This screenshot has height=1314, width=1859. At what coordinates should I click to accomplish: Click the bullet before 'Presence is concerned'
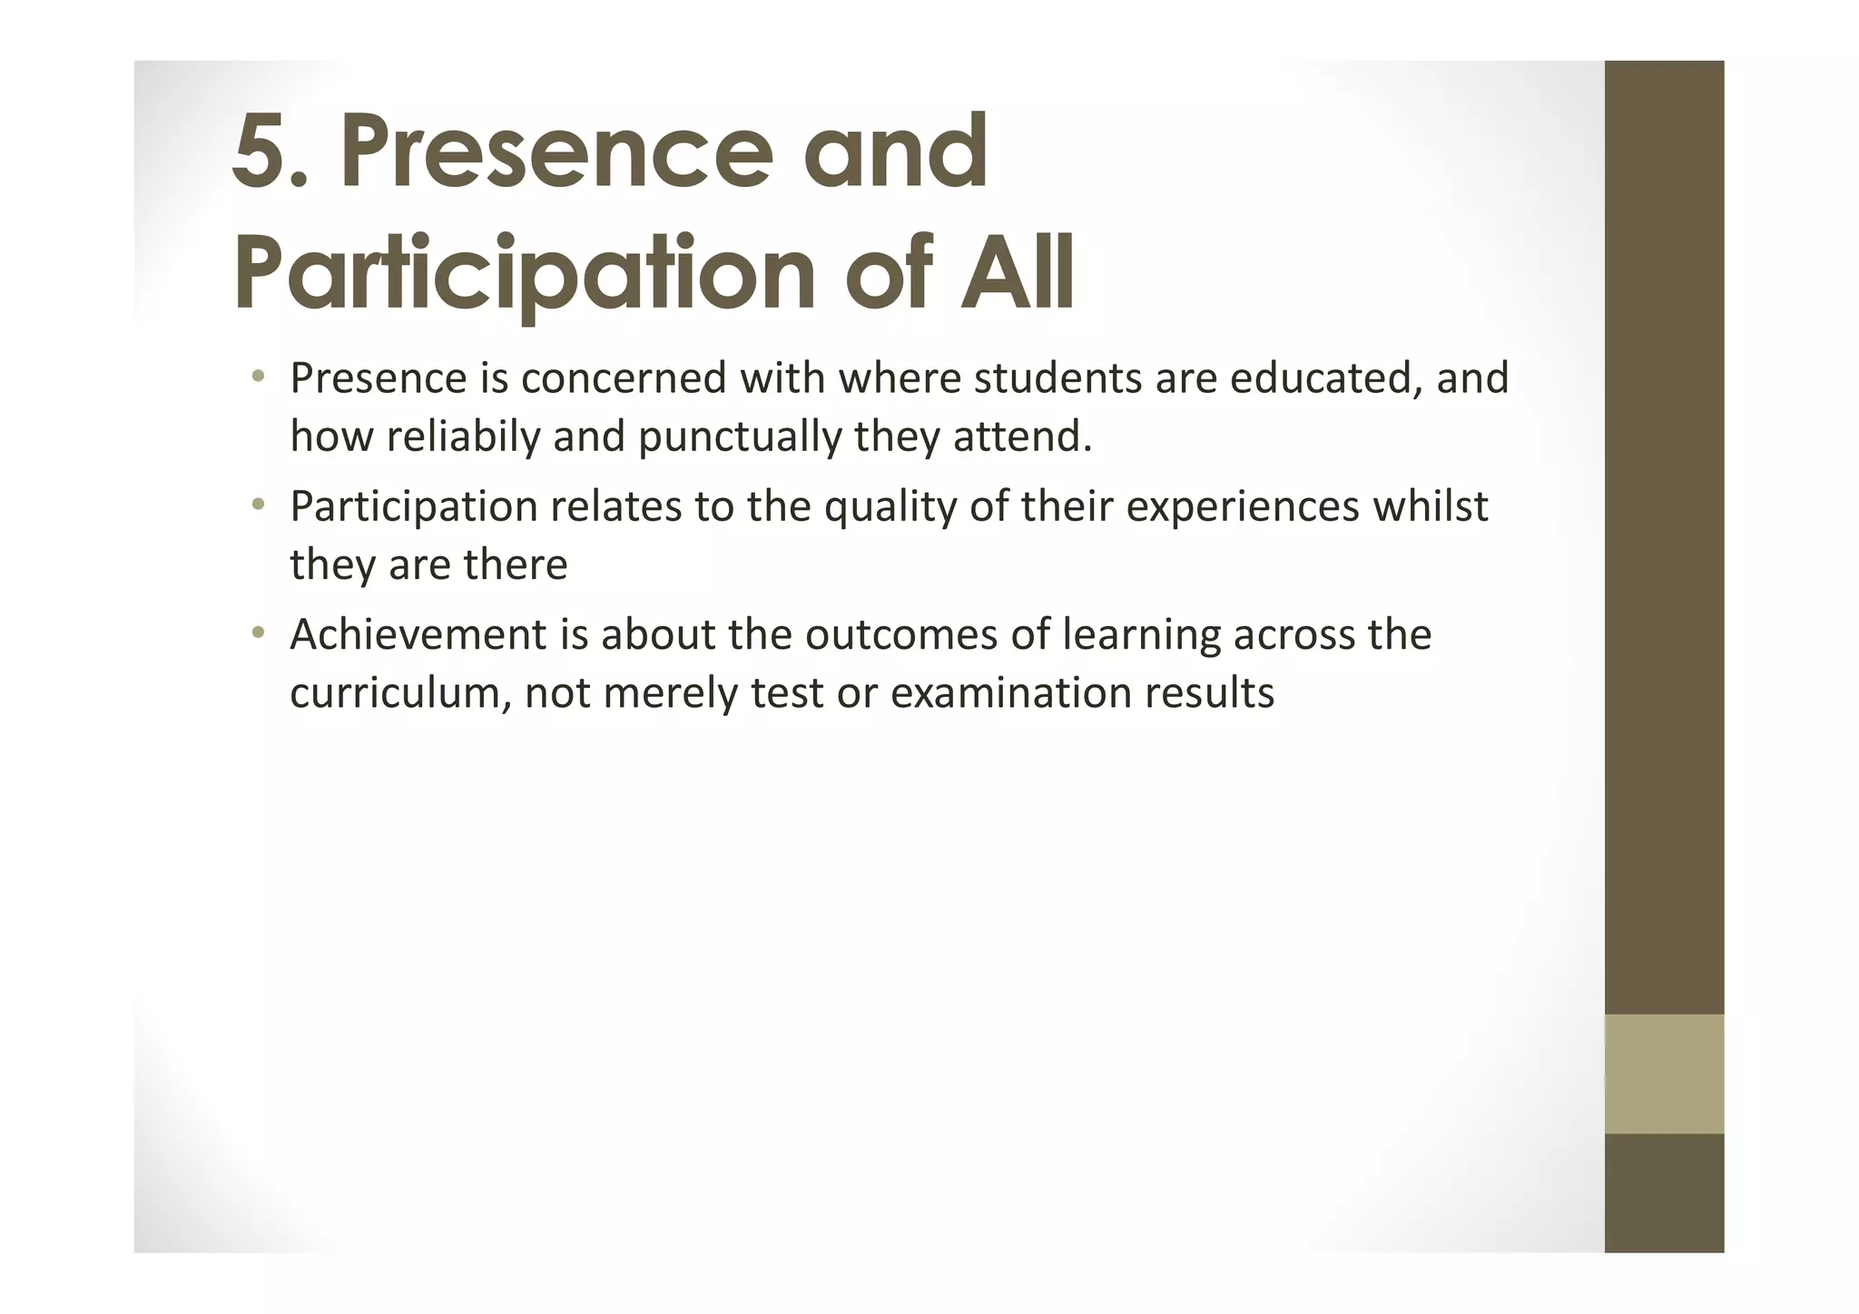click(259, 376)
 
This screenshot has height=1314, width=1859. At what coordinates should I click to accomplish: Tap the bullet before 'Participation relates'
click(259, 504)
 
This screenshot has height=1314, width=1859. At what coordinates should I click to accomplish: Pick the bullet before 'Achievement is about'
click(259, 632)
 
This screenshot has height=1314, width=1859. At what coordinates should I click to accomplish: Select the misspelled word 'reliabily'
click(463, 436)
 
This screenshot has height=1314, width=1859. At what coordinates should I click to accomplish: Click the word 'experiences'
click(1243, 506)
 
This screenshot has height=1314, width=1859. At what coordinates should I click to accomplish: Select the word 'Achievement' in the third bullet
click(418, 633)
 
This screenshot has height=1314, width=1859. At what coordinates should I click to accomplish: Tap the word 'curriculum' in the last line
click(400, 692)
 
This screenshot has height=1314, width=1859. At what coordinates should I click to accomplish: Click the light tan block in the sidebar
click(1664, 1074)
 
